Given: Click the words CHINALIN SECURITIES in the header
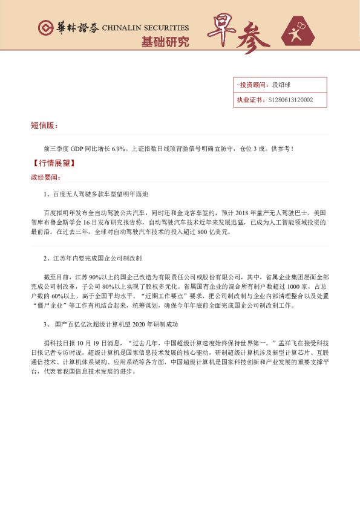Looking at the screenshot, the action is (145, 28).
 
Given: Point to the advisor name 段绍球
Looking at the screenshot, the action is (283, 85).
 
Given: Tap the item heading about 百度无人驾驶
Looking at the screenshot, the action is (100, 194).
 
